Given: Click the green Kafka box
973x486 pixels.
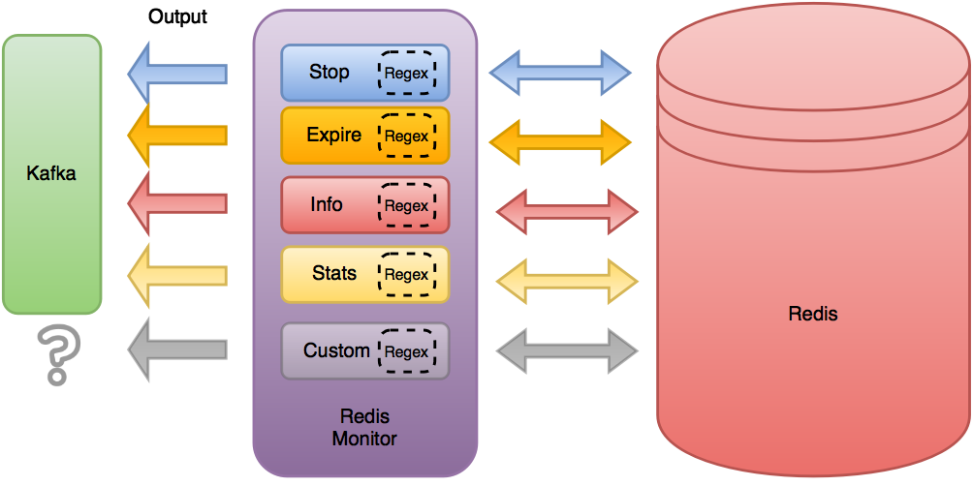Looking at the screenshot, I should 52,174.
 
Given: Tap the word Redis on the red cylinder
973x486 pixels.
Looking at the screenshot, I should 812,314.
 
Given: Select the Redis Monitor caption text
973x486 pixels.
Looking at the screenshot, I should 364,427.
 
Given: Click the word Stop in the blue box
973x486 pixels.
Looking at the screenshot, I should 330,72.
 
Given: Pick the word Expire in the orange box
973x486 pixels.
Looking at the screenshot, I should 333,136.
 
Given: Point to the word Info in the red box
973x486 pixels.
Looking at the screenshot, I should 327,204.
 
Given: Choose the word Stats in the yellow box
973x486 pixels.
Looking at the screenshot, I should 334,273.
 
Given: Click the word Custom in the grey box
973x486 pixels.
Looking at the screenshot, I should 336,350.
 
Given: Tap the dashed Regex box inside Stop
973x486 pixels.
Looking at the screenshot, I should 407,73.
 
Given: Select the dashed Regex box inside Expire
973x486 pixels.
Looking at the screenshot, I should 407,136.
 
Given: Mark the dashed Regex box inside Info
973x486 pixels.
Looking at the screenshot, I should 407,205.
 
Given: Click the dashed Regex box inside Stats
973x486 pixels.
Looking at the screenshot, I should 407,274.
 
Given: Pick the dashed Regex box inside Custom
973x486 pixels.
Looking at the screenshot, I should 407,351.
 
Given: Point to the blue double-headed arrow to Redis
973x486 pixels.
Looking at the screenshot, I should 560,73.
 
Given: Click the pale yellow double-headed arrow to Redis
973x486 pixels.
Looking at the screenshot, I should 567,281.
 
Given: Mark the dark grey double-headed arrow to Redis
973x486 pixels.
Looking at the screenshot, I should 567,350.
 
